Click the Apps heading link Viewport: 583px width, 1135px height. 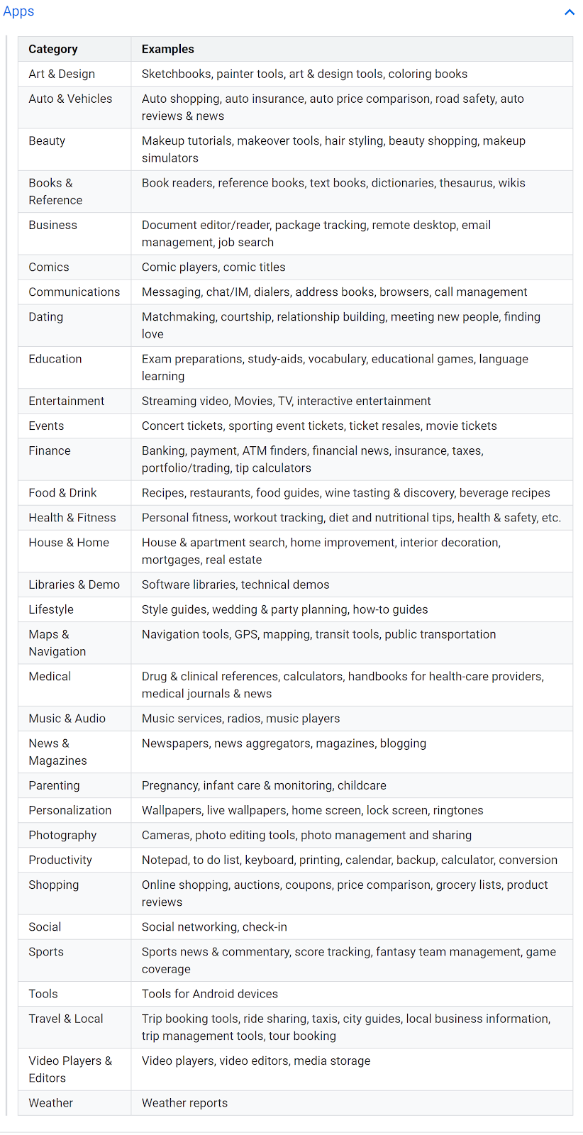pyautogui.click(x=18, y=11)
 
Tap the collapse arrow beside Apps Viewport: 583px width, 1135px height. pyautogui.click(x=569, y=12)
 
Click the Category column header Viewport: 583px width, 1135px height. pyautogui.click(x=53, y=49)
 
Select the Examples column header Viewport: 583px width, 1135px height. pyautogui.click(x=168, y=49)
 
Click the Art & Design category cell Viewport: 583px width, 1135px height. pyautogui.click(x=62, y=74)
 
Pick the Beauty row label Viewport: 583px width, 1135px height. pyautogui.click(x=47, y=140)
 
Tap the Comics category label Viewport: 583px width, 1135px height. pyautogui.click(x=49, y=267)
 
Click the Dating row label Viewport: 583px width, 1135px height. pyautogui.click(x=46, y=316)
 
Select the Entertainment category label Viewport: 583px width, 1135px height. pyautogui.click(x=67, y=401)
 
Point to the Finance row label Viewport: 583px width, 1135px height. pyautogui.click(x=50, y=450)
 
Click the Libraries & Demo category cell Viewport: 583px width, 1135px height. pyautogui.click(x=74, y=585)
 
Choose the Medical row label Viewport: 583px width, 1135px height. pyautogui.click(x=50, y=676)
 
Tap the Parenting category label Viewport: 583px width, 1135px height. pyautogui.click(x=54, y=785)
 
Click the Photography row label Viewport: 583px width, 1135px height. pyautogui.click(x=62, y=835)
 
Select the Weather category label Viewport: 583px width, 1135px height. pyautogui.click(x=51, y=1102)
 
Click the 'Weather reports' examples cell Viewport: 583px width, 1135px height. pyautogui.click(x=185, y=1102)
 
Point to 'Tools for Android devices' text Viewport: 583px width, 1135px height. pyautogui.click(x=210, y=994)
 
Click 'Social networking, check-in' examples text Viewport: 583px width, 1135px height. pyautogui.click(x=214, y=926)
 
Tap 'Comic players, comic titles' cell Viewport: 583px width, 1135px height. pyautogui.click(x=213, y=267)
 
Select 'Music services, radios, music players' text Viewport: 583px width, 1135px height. pyautogui.click(x=241, y=719)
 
